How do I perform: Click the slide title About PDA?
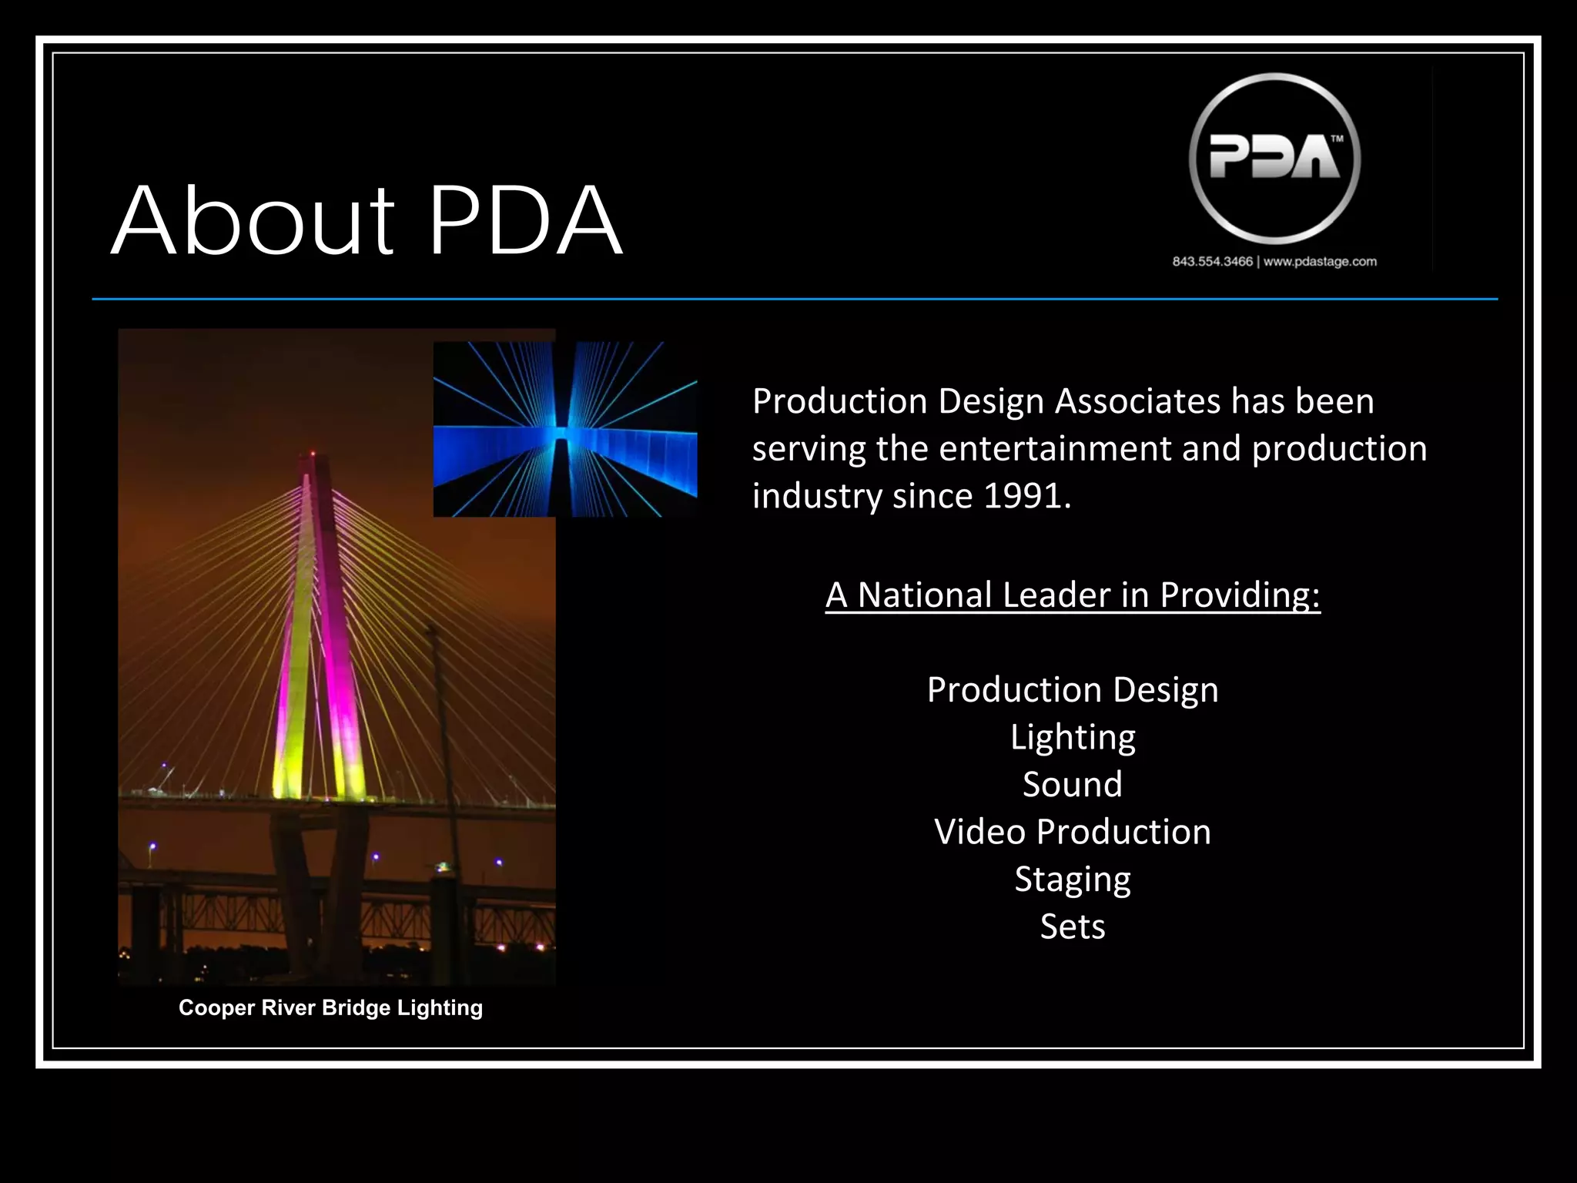[367, 221]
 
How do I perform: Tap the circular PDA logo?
[1274, 159]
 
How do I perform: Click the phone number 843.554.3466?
[1212, 262]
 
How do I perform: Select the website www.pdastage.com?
[1320, 262]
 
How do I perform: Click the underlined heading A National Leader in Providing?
[1073, 595]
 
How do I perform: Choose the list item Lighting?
[1073, 737]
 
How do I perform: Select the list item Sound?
[1073, 785]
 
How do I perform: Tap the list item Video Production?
[1073, 832]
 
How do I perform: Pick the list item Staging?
[1073, 880]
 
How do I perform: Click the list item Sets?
[1073, 927]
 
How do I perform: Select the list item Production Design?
[1073, 690]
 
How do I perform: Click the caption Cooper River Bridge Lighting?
[330, 1008]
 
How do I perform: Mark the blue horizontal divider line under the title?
[795, 299]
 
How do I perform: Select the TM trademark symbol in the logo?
[1338, 139]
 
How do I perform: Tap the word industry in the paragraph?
[816, 496]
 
